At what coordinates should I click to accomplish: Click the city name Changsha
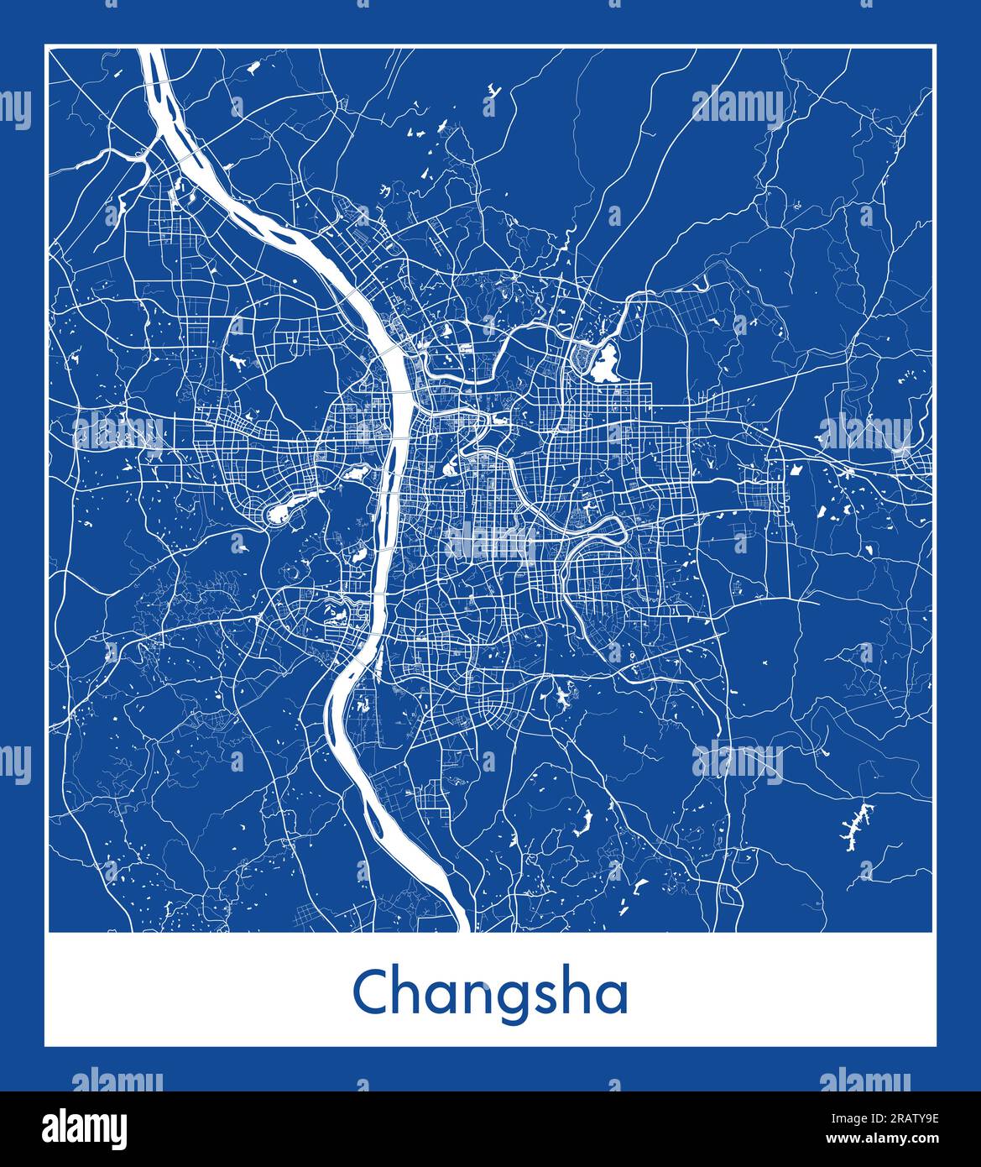click(x=490, y=993)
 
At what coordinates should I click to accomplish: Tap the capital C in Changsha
click(x=371, y=992)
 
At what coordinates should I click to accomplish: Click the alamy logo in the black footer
click(x=85, y=1128)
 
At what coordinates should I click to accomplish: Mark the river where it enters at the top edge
click(x=152, y=54)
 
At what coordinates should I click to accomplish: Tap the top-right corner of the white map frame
click(x=934, y=47)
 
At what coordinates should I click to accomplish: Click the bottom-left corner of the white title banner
click(x=45, y=1046)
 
